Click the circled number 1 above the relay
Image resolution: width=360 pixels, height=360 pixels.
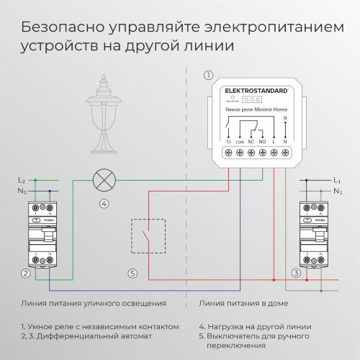209,75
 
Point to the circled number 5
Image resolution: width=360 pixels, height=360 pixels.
131,274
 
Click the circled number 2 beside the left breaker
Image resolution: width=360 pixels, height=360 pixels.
25,274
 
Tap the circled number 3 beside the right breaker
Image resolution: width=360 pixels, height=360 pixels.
295,274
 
